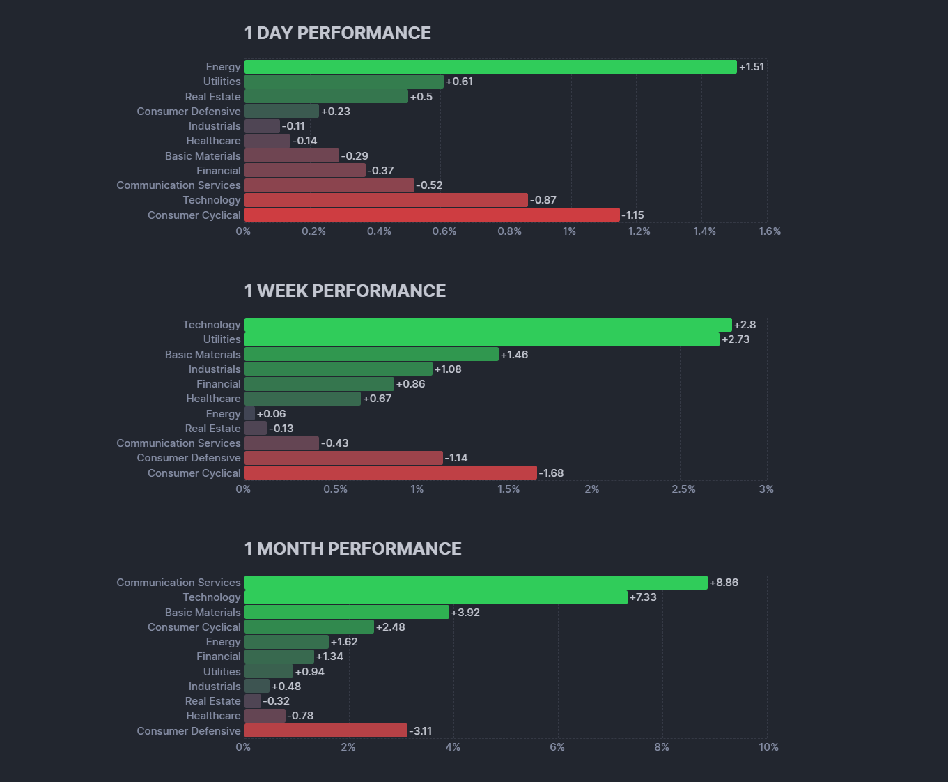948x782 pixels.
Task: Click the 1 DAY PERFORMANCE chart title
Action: (337, 33)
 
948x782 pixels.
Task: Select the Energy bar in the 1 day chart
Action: (490, 67)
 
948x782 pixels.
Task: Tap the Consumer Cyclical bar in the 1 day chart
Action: (432, 215)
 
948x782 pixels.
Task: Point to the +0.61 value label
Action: (460, 82)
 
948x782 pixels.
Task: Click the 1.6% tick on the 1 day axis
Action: (770, 231)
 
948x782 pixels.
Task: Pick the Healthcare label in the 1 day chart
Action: (213, 141)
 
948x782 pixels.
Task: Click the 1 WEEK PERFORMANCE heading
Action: (345, 291)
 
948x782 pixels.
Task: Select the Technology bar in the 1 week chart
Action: (488, 325)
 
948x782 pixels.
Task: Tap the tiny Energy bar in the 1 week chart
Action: (249, 413)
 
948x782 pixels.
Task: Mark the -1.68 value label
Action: (552, 473)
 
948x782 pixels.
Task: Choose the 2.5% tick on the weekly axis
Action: (683, 489)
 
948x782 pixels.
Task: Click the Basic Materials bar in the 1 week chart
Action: (371, 354)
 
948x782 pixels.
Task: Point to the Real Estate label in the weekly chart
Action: (212, 429)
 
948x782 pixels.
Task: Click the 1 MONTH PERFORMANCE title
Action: (352, 549)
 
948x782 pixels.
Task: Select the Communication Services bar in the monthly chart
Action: (476, 583)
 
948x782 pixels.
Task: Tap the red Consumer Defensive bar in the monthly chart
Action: (325, 730)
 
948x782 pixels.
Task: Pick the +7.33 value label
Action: (643, 597)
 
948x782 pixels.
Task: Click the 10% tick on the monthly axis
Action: (768, 747)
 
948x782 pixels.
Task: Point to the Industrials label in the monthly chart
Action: (215, 687)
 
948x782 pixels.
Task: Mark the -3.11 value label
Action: (421, 731)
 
